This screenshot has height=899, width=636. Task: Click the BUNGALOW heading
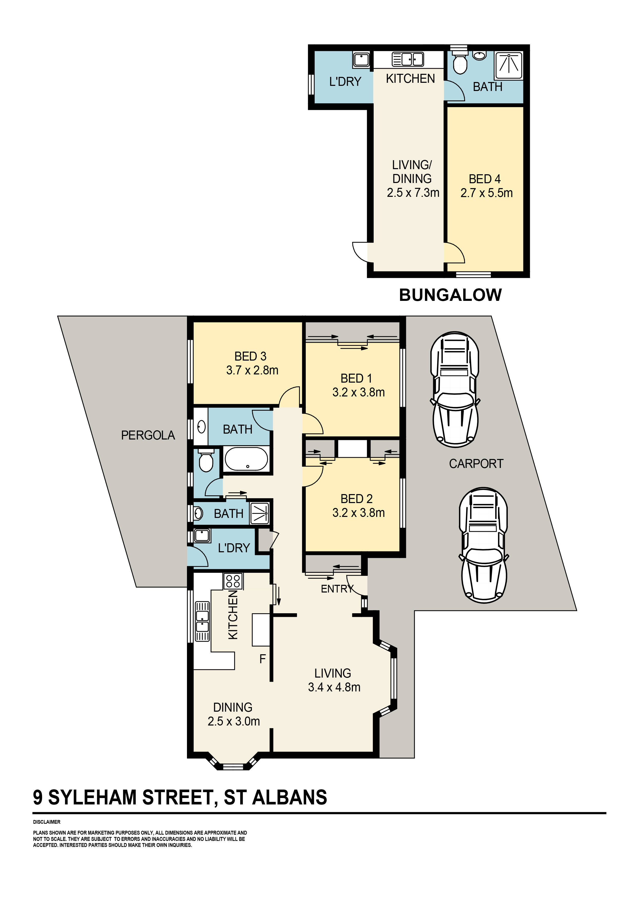(x=450, y=295)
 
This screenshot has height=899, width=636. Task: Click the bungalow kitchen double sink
(x=408, y=59)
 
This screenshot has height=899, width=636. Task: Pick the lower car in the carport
(x=484, y=545)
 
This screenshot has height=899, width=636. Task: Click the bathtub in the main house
(x=246, y=459)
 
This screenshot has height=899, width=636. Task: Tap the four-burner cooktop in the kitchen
(x=233, y=581)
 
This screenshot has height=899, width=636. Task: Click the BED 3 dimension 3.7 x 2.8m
(x=252, y=370)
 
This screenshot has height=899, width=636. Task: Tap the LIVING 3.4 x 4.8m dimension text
(x=334, y=687)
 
